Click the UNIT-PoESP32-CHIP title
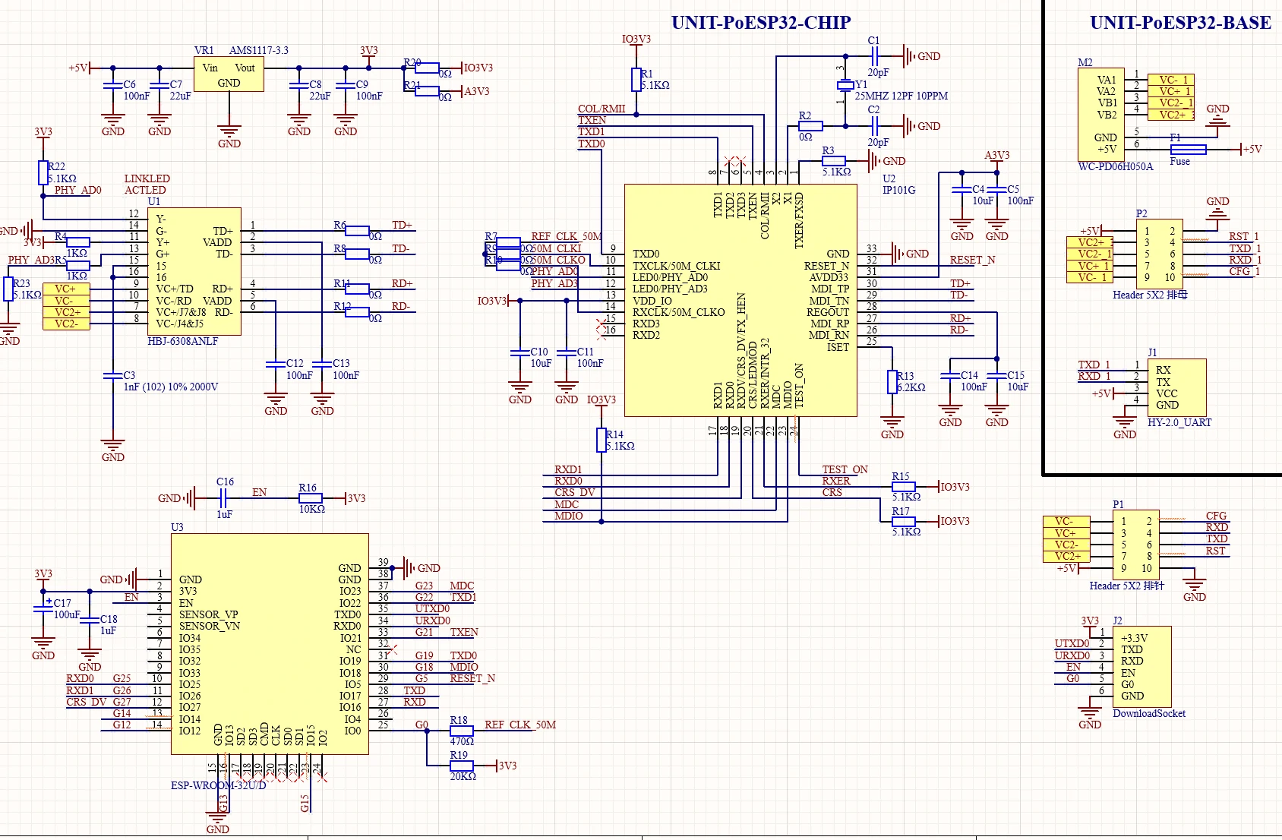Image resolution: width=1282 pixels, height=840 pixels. [760, 23]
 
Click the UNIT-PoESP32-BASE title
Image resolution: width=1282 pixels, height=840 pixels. [1180, 23]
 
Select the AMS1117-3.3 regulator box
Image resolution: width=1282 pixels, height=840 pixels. [229, 75]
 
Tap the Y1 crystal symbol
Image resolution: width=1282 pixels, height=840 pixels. [845, 85]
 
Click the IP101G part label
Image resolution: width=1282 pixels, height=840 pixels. [898, 190]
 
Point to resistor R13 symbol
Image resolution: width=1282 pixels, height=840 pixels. [892, 381]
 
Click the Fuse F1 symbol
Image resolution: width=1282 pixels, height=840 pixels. [1188, 150]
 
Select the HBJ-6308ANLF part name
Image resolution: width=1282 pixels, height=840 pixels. [182, 342]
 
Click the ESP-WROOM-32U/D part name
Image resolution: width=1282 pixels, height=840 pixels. [218, 785]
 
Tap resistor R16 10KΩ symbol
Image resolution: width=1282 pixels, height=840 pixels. [311, 498]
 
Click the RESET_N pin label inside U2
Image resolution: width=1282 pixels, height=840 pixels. [826, 266]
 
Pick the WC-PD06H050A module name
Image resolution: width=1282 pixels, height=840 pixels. [1115, 166]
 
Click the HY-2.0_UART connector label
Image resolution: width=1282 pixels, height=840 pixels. [1179, 422]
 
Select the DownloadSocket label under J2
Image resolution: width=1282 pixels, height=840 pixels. [1148, 713]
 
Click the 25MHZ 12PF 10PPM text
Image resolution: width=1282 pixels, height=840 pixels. [901, 96]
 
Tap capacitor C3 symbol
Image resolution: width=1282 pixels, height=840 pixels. [113, 375]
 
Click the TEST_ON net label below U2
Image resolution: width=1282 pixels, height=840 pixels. [845, 469]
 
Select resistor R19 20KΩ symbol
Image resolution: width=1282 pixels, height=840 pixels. [462, 766]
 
